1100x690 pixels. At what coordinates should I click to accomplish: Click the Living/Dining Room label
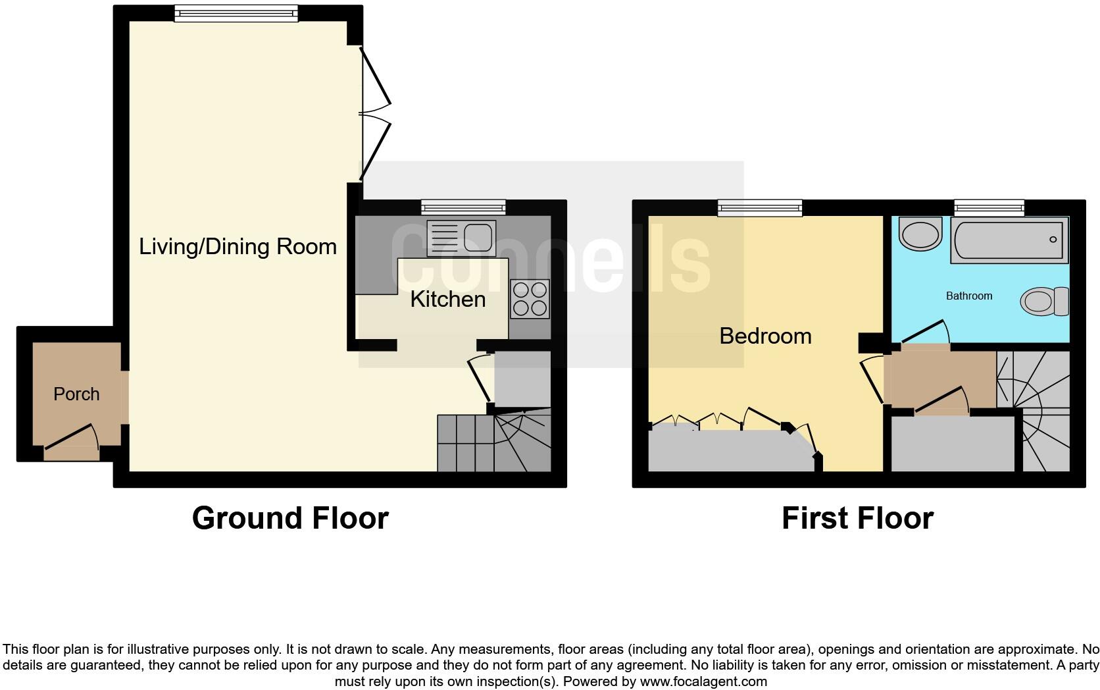(238, 247)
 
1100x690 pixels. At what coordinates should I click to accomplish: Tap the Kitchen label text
(447, 300)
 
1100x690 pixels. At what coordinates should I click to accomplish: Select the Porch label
(76, 394)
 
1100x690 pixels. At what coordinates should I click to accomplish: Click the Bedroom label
(765, 336)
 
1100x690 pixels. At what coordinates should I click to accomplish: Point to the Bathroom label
(968, 296)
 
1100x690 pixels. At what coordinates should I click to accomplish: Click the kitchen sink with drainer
(461, 238)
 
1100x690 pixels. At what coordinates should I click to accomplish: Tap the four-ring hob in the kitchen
(530, 299)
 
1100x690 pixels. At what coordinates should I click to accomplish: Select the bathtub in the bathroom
(1009, 240)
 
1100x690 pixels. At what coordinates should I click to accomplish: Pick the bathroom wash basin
(920, 234)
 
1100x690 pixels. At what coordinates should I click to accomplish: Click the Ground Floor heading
(290, 518)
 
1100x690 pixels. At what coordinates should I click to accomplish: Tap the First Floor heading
(857, 518)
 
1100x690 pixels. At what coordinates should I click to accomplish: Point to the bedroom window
(760, 208)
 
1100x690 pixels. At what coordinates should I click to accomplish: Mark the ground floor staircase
(493, 442)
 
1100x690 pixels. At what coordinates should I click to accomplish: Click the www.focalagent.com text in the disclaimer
(703, 681)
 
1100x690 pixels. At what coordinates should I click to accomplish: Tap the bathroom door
(924, 332)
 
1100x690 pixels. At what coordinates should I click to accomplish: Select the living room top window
(236, 13)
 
